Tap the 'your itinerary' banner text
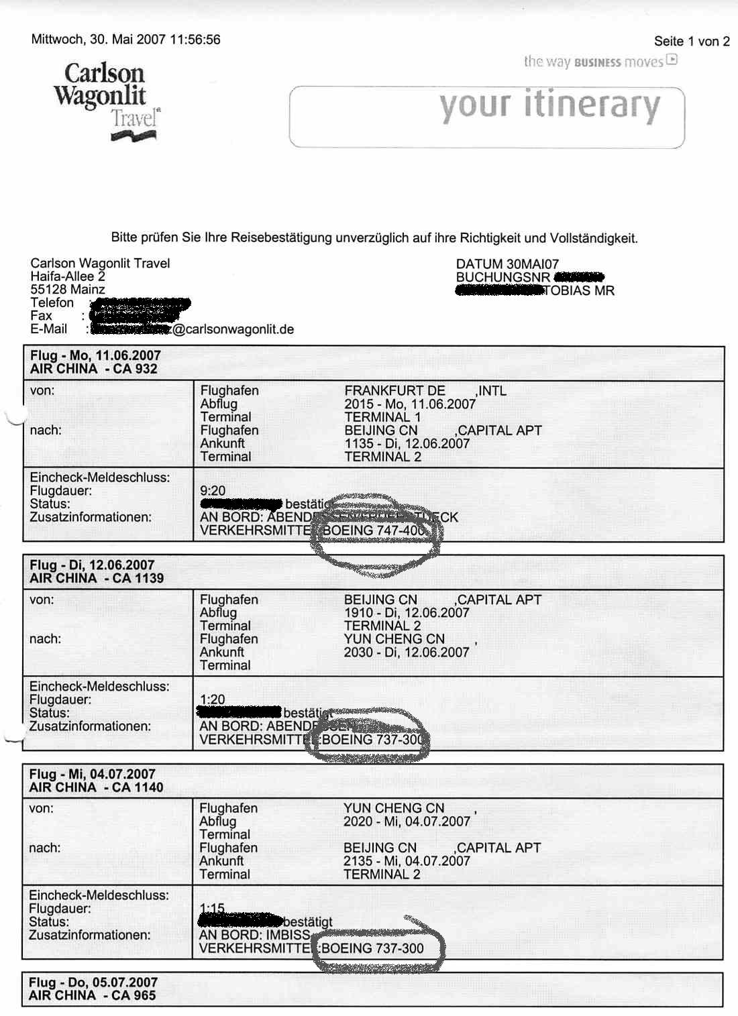tap(549, 107)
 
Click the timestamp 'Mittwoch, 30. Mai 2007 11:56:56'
tap(125, 40)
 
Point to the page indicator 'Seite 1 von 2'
tap(691, 42)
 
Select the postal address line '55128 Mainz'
tap(68, 290)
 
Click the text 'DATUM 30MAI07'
tap(507, 264)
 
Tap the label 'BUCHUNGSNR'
tap(503, 278)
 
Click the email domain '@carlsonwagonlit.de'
tap(233, 329)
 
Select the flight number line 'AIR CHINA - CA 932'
tap(93, 369)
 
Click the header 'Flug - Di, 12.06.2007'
tap(92, 565)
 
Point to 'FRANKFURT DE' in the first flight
tap(394, 391)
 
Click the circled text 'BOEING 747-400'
tap(374, 530)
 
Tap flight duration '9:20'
tap(213, 491)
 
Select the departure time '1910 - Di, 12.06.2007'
tap(407, 613)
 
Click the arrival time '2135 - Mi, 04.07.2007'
tap(407, 861)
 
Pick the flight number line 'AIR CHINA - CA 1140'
tap(96, 787)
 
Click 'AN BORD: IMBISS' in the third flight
tap(254, 935)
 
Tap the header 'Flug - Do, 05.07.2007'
tap(93, 982)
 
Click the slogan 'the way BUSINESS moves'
tap(593, 62)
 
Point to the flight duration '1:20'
tap(212, 699)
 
